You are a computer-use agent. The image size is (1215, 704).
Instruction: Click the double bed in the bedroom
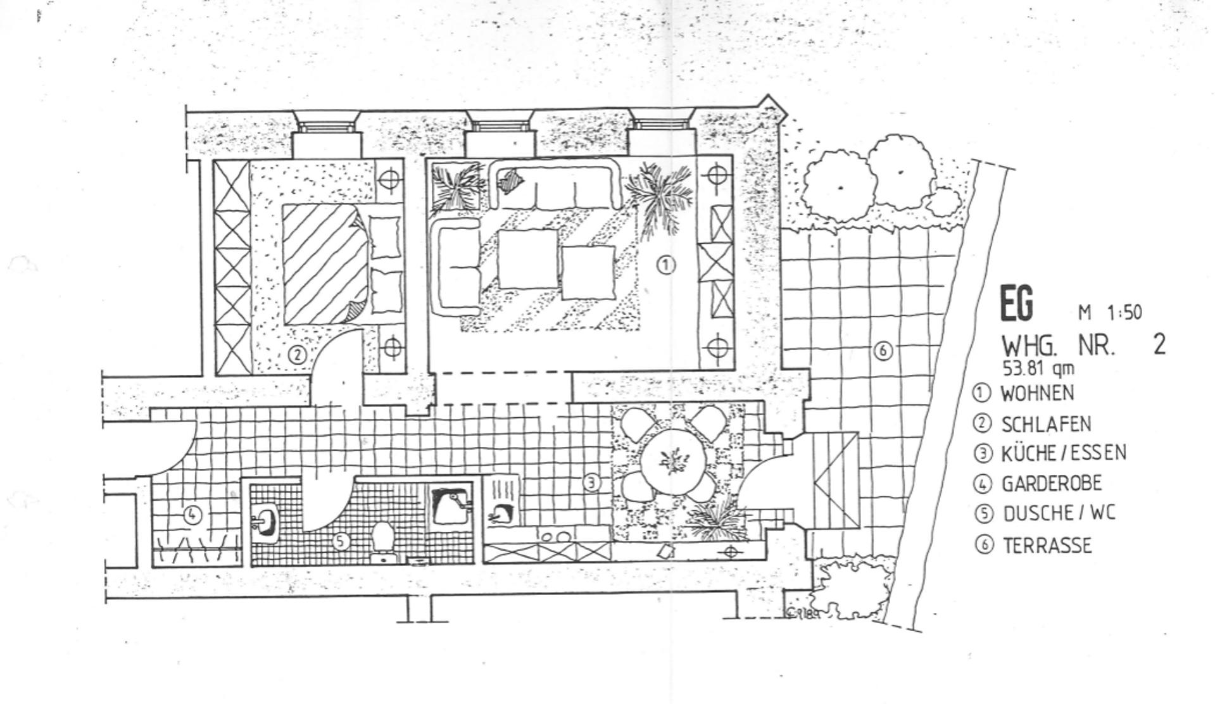click(x=342, y=264)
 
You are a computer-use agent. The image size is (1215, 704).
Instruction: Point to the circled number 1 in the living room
click(x=665, y=265)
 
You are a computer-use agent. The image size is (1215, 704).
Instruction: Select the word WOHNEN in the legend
click(x=1037, y=393)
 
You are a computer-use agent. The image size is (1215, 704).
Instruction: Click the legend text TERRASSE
click(x=1047, y=545)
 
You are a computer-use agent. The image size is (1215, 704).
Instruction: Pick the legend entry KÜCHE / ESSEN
click(x=1063, y=453)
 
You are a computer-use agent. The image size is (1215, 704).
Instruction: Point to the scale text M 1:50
click(x=1110, y=312)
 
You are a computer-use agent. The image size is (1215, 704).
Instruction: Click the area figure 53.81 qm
click(x=1038, y=368)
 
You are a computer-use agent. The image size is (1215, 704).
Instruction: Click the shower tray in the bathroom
click(x=452, y=505)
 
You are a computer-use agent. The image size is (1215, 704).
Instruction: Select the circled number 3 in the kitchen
click(x=591, y=483)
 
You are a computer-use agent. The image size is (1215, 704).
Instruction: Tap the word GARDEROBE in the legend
click(x=1051, y=484)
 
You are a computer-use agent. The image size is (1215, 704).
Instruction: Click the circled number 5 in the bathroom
click(x=341, y=541)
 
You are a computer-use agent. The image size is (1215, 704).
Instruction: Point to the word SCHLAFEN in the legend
click(x=1046, y=424)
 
